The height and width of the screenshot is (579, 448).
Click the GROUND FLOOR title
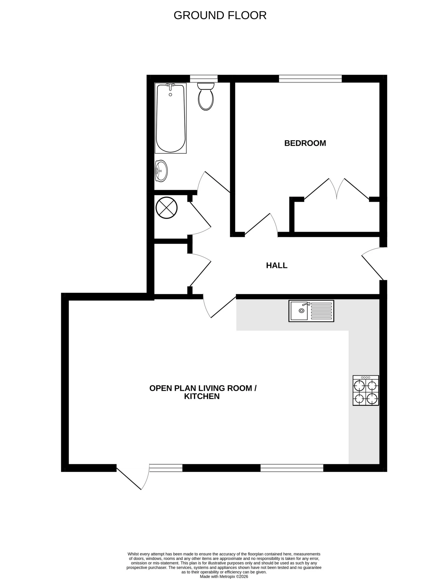tap(220, 16)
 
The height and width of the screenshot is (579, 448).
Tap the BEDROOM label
tap(305, 143)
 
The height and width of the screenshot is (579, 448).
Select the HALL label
tap(276, 265)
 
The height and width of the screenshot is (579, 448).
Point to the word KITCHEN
tap(202, 396)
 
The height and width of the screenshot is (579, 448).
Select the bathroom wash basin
tap(161, 171)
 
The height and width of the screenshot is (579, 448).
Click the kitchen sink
tap(311, 311)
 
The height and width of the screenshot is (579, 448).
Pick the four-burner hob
tap(366, 391)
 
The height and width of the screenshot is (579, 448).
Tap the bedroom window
tap(310, 79)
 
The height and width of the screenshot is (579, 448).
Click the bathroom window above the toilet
tap(204, 79)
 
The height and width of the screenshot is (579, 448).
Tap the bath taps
tap(170, 85)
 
